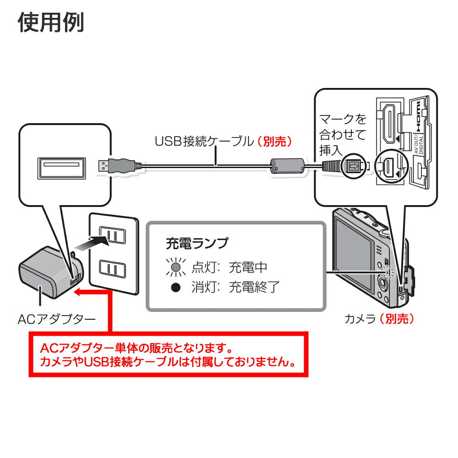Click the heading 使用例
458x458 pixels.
click(51, 22)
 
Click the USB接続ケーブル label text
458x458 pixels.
click(203, 141)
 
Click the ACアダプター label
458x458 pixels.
click(57, 319)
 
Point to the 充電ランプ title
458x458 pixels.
click(196, 243)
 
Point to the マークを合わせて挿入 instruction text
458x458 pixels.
click(343, 135)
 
